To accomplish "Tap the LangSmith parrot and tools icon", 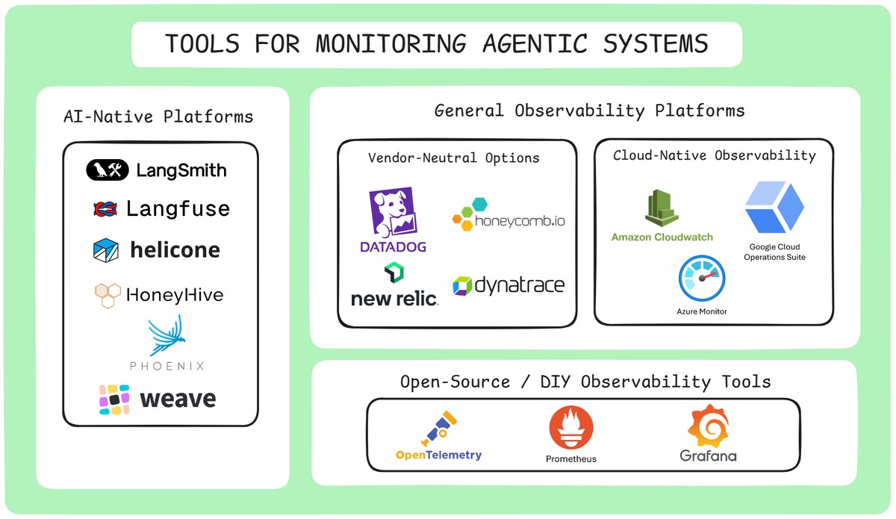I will [108, 170].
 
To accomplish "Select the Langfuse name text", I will [178, 209].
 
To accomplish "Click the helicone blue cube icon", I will [105, 250].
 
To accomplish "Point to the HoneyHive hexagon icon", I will [107, 296].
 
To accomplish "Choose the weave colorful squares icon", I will [114, 400].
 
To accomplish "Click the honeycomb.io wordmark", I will [520, 221].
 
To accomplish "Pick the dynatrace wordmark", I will [520, 285].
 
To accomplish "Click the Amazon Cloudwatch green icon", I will [661, 208].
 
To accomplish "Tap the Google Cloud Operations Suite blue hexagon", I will [774, 208].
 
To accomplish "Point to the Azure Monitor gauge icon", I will [701, 279].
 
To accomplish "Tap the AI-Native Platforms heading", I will [158, 116].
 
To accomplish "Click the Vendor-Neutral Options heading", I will [453, 158].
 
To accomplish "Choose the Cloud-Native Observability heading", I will [714, 155].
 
